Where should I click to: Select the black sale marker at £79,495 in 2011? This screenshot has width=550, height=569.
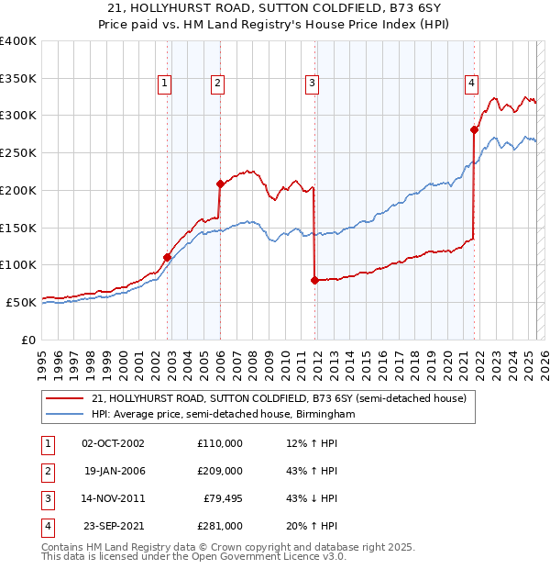pos(314,280)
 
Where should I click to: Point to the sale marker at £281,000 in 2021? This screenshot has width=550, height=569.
pos(475,130)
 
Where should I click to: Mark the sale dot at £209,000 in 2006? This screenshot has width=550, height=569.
pos(221,184)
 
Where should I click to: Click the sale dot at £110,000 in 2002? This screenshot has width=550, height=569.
pos(168,257)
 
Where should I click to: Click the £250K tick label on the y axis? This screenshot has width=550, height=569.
pos(17,152)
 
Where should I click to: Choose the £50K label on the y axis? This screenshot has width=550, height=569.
pos(21,302)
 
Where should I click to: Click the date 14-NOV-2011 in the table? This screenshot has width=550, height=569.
pos(114,498)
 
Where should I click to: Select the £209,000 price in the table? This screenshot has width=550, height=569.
pos(220,471)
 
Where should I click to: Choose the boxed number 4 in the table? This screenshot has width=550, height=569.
pos(46,527)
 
